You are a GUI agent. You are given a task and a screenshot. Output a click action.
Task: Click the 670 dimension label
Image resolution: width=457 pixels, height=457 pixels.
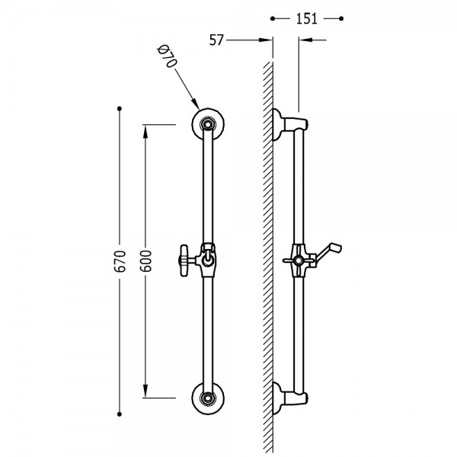pyautogui.click(x=120, y=261)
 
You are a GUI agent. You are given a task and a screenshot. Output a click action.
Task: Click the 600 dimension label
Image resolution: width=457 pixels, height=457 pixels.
pyautogui.click(x=145, y=261)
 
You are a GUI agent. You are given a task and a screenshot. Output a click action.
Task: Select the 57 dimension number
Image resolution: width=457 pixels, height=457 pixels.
pyautogui.click(x=216, y=40)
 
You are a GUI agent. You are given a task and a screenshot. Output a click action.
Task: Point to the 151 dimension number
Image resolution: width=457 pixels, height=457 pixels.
pyautogui.click(x=307, y=18)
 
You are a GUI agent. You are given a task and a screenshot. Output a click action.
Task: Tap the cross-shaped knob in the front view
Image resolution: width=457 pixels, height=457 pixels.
pyautogui.click(x=184, y=260)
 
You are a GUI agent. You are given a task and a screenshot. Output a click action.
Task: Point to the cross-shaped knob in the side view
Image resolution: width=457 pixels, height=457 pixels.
pyautogui.click(x=299, y=260)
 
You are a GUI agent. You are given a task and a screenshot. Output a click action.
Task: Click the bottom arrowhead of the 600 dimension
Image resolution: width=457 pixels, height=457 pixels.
pyautogui.click(x=145, y=391)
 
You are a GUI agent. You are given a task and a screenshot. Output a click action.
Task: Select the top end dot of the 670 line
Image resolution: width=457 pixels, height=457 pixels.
pyautogui.click(x=120, y=108)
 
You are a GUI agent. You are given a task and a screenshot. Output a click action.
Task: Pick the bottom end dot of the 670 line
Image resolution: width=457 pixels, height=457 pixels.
pyautogui.click(x=120, y=414)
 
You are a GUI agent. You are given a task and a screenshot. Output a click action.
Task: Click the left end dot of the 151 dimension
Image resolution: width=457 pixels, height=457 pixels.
pyautogui.click(x=273, y=18)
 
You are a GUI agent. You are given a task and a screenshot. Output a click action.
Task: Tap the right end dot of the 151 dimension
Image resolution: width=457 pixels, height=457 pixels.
pyautogui.click(x=341, y=18)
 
